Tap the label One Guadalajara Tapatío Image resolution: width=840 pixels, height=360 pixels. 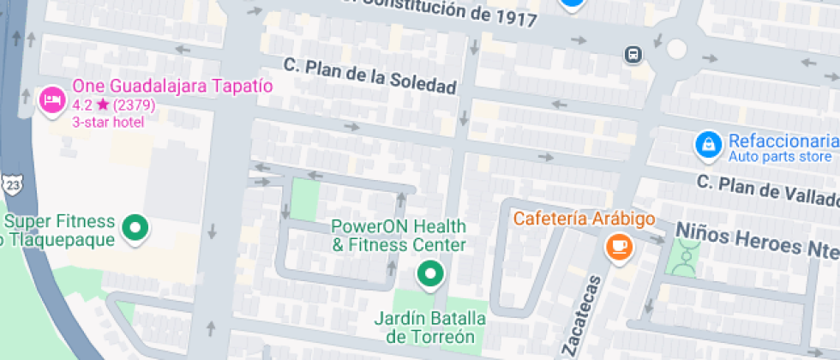(x=172, y=87)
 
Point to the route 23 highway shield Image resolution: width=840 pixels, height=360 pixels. (x=10, y=184)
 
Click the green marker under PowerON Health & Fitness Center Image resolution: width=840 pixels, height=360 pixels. (x=430, y=274)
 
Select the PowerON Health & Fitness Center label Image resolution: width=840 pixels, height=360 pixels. (x=399, y=236)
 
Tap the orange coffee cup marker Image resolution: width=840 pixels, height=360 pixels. (x=618, y=247)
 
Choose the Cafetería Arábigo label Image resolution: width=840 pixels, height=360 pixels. (x=585, y=219)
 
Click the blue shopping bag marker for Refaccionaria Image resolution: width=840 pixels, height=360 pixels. (x=707, y=144)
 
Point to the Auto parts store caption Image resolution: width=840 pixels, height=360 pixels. (x=779, y=157)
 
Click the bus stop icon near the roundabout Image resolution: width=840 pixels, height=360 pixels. (x=633, y=54)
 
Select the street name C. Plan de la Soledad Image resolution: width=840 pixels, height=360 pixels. (x=370, y=76)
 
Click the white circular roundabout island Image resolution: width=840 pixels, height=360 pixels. (x=677, y=48)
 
